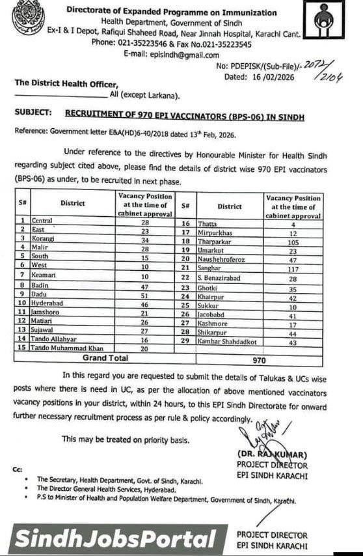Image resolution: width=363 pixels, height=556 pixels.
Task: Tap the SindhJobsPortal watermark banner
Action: [x=115, y=539]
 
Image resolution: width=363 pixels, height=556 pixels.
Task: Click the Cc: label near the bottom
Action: [x=18, y=469]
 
